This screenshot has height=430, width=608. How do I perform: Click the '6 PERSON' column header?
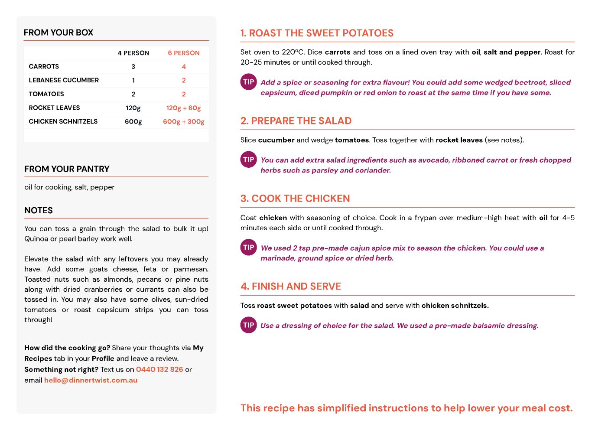(184, 53)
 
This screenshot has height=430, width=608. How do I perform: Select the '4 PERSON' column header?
(133, 53)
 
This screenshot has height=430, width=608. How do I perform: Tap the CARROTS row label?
(44, 66)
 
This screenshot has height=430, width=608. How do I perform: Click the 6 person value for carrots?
(184, 67)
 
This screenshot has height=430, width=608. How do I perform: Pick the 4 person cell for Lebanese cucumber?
(133, 80)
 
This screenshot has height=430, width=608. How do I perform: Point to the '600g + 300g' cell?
(184, 122)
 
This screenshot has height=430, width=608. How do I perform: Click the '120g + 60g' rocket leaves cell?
(184, 108)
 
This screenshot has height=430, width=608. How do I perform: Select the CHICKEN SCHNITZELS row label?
(63, 121)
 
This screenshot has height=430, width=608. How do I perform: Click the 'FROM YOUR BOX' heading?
(59, 33)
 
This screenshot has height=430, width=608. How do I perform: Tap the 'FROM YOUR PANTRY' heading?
(67, 169)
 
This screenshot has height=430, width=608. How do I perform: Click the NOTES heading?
(39, 210)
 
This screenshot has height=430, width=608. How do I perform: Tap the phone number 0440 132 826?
(159, 369)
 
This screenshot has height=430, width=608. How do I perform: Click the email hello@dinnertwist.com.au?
(91, 380)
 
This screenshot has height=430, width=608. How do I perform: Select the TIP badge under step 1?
(249, 82)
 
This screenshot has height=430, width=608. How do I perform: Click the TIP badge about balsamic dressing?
(249, 325)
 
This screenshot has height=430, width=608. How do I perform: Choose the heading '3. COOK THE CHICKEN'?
(295, 199)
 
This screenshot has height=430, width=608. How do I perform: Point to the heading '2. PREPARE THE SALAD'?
(296, 121)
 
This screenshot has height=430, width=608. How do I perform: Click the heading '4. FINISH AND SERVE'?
(291, 287)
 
